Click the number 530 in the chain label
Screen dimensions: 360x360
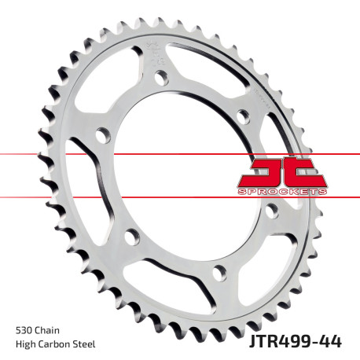23,329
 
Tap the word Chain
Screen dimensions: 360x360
48,329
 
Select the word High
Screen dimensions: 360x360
24,343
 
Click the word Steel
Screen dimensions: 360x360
90,343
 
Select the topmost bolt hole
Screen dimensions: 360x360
162,78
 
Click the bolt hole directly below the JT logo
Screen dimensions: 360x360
270,210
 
